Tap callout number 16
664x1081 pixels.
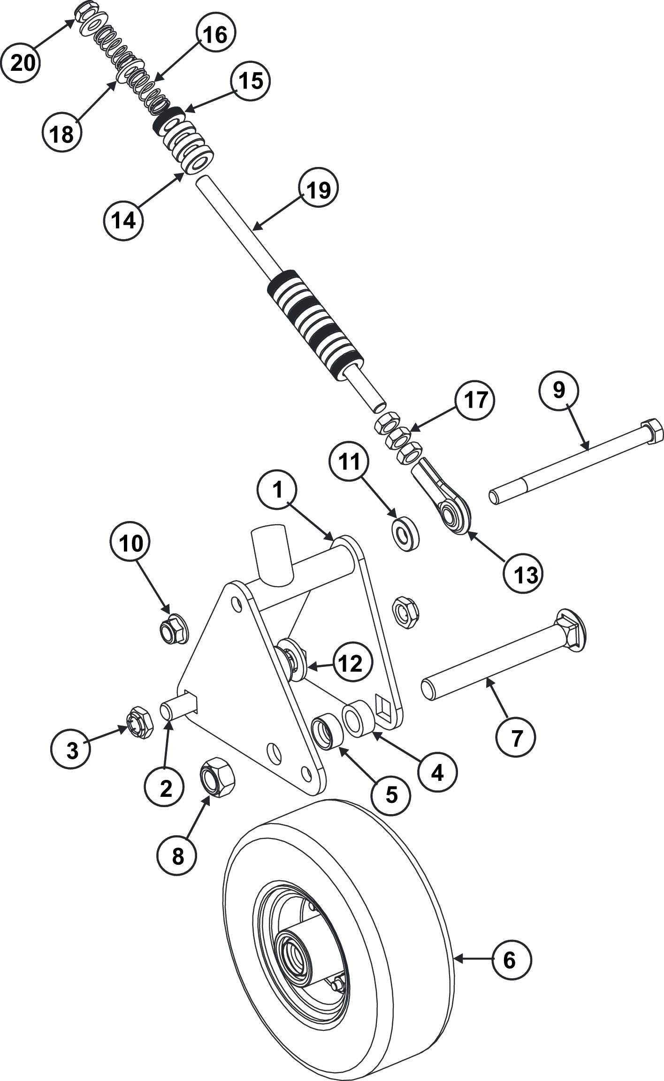click(215, 35)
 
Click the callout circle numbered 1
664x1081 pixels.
click(278, 490)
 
